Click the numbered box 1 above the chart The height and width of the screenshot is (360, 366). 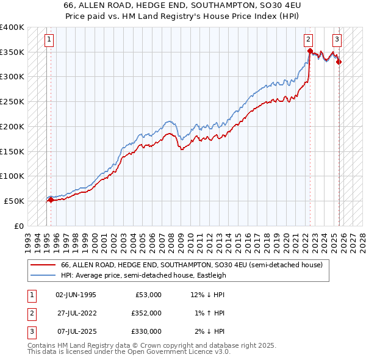coord(49,40)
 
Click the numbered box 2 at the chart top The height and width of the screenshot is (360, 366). coord(309,40)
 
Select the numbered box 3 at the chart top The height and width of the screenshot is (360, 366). coord(337,40)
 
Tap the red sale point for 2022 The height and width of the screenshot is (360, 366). coord(310,51)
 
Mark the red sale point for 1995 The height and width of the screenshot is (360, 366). coord(51,200)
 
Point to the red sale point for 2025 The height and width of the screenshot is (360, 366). coord(339,62)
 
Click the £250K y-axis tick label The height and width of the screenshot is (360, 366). coord(12,101)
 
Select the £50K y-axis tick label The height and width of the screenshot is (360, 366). coord(14,201)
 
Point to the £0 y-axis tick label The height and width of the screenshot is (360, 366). coord(20,226)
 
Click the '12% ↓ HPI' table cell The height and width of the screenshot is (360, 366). coord(207,294)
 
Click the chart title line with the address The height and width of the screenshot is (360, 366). coord(183,4)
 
